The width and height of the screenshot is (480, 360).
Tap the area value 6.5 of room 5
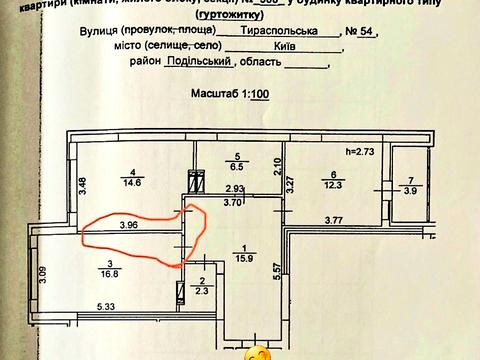pos(238,170)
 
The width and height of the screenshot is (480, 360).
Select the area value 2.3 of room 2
pos(203,291)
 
